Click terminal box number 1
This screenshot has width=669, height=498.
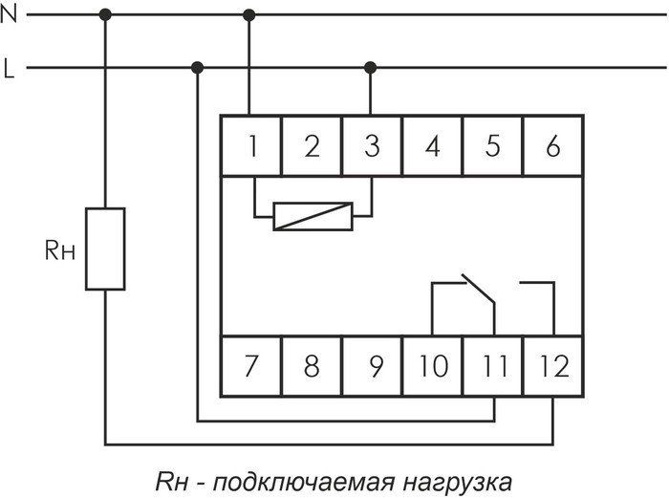click(x=252, y=146)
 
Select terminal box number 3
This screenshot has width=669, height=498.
click(x=372, y=146)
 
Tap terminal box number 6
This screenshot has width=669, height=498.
click(x=552, y=146)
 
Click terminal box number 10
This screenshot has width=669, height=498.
click(x=433, y=365)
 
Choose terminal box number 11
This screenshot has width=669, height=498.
click(x=493, y=365)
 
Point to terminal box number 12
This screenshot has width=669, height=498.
click(x=553, y=365)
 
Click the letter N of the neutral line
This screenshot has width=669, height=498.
click(x=11, y=14)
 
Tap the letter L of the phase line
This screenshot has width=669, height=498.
click(x=10, y=69)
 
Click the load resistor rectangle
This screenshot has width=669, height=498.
click(x=105, y=248)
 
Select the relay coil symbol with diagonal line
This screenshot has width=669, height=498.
click(x=313, y=216)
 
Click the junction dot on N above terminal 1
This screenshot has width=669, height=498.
click(x=250, y=14)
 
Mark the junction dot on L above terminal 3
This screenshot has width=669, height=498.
click(x=371, y=68)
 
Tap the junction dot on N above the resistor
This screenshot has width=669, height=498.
click(x=106, y=14)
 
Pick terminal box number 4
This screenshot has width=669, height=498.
click(x=433, y=146)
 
